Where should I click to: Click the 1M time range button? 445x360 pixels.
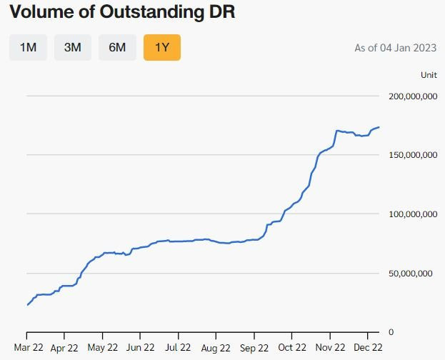pos(28,48)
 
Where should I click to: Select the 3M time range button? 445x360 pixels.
pos(73,48)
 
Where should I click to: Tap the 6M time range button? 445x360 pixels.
pos(117,48)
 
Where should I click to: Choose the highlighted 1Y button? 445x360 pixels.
pos(161,48)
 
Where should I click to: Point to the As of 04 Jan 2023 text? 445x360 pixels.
pos(396,49)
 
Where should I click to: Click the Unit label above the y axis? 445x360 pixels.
pos(429,74)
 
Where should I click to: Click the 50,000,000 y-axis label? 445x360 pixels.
pos(413,273)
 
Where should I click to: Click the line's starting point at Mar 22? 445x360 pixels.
pos(27,305)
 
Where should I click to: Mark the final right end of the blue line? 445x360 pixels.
pos(379,127)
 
